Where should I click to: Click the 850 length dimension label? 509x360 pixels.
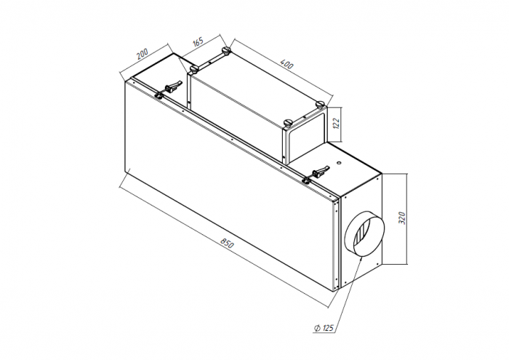[x=227, y=243]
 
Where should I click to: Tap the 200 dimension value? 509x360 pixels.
[x=142, y=54]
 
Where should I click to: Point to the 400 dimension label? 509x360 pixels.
[x=286, y=64]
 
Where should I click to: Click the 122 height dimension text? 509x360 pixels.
[x=336, y=123]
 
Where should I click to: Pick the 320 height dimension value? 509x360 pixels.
[x=402, y=217]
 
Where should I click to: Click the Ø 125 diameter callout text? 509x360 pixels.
[x=324, y=328]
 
